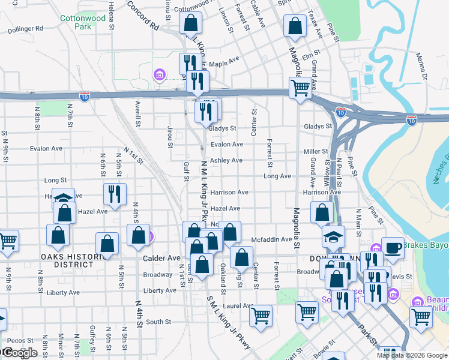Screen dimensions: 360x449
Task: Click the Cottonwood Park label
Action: click(83, 23)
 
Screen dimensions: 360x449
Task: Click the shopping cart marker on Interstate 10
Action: click(300, 88)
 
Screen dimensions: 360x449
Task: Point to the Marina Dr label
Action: click(423, 66)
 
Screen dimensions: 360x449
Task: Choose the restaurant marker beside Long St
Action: click(114, 194)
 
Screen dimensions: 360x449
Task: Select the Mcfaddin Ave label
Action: click(271, 239)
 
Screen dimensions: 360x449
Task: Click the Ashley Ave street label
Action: click(226, 160)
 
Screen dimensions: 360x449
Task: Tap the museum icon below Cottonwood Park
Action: click(159, 74)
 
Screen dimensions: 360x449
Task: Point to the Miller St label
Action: click(316, 152)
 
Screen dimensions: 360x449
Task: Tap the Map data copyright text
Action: click(412, 355)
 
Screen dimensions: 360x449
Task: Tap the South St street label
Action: click(158, 322)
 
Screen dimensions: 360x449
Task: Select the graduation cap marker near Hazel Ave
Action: click(63, 199)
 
